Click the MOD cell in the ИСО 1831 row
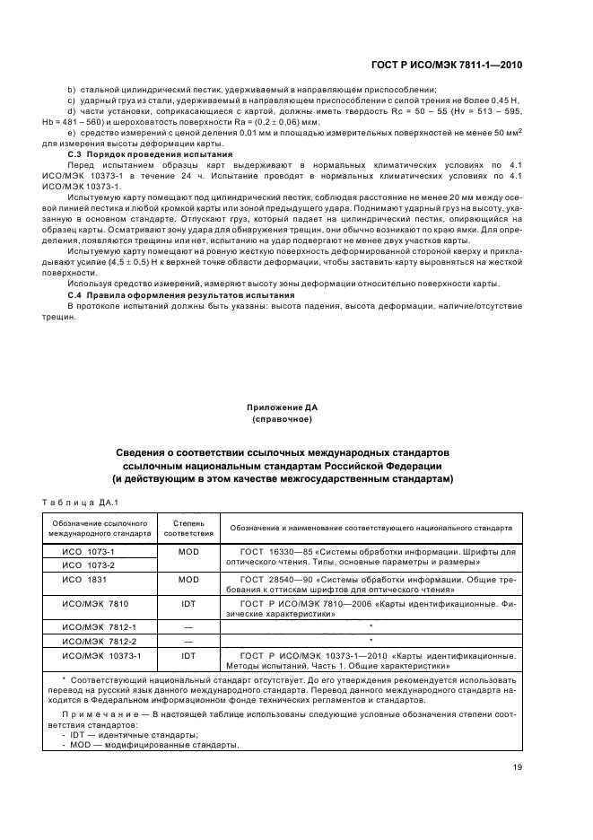click(187, 580)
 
